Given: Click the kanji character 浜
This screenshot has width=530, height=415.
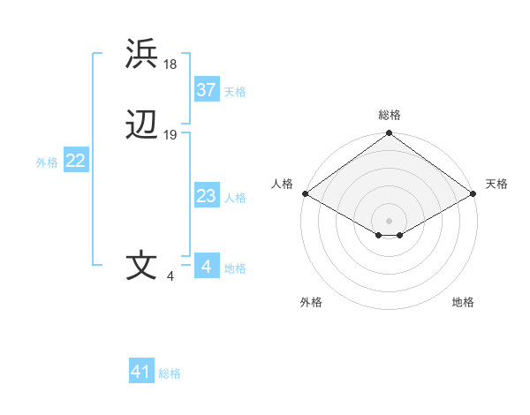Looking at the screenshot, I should [142, 54].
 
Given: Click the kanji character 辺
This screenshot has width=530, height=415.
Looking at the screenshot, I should [142, 124].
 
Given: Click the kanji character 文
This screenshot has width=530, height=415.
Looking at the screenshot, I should [142, 266].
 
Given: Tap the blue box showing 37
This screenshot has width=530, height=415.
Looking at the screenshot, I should [206, 90].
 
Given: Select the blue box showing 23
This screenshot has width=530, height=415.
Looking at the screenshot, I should [206, 196].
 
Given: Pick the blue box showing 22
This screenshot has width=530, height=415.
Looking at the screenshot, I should [75, 161].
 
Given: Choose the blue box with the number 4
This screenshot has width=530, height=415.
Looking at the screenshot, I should [206, 267].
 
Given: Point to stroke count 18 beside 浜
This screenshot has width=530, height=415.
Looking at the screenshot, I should [171, 64].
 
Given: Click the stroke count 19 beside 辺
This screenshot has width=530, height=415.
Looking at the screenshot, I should [170, 134].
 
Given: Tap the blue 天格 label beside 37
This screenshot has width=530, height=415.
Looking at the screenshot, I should [235, 92].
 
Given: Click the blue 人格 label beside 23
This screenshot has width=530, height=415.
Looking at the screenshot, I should [235, 198].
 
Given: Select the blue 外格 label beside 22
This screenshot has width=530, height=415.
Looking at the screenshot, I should [47, 162].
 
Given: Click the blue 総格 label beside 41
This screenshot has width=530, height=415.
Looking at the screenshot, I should [170, 373].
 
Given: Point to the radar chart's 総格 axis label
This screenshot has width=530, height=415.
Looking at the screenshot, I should [389, 115].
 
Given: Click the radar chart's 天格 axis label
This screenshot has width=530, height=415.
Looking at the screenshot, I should [497, 184].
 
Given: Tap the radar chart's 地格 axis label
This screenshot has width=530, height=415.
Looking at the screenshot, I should [463, 303].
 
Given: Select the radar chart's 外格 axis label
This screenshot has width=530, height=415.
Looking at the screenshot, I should [311, 303].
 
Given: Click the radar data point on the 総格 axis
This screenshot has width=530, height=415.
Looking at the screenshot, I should [389, 134].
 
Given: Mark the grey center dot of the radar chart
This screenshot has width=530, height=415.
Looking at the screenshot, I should [389, 220].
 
